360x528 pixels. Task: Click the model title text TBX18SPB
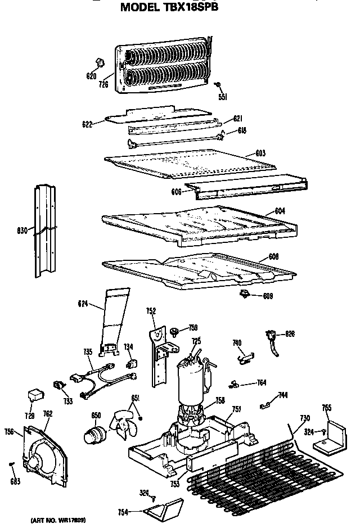coord(169,7)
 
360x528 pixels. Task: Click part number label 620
coord(92,75)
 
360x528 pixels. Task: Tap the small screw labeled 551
coord(218,85)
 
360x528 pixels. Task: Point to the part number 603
coord(260,153)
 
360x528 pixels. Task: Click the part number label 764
coord(261,383)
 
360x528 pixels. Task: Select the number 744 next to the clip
coord(283,396)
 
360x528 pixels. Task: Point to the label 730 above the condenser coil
coord(304,418)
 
